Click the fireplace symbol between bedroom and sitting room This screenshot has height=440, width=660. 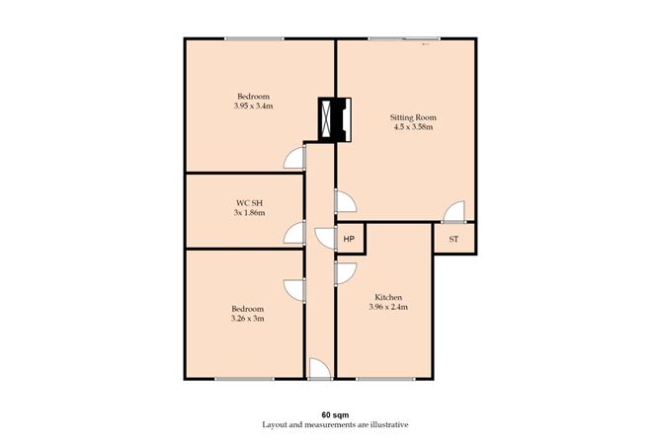pos(334,118)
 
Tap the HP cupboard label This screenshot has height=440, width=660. pos(349,239)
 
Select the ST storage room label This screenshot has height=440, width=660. pos(454,239)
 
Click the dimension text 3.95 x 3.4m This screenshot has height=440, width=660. pos(253,106)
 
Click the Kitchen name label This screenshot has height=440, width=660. pos(388,297)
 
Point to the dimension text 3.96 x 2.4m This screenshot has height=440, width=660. pos(388,307)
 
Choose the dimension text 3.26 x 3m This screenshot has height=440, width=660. pos(248,318)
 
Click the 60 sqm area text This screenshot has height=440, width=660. pos(334,413)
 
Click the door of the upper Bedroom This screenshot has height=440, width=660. pos(292,160)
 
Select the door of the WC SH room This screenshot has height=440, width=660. pos(293,233)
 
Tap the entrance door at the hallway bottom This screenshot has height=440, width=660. pos(318,370)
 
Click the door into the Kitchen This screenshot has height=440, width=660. pos(345,273)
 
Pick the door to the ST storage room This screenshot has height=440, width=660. pos(453,212)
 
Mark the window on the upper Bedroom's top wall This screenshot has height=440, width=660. pos(254,38)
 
